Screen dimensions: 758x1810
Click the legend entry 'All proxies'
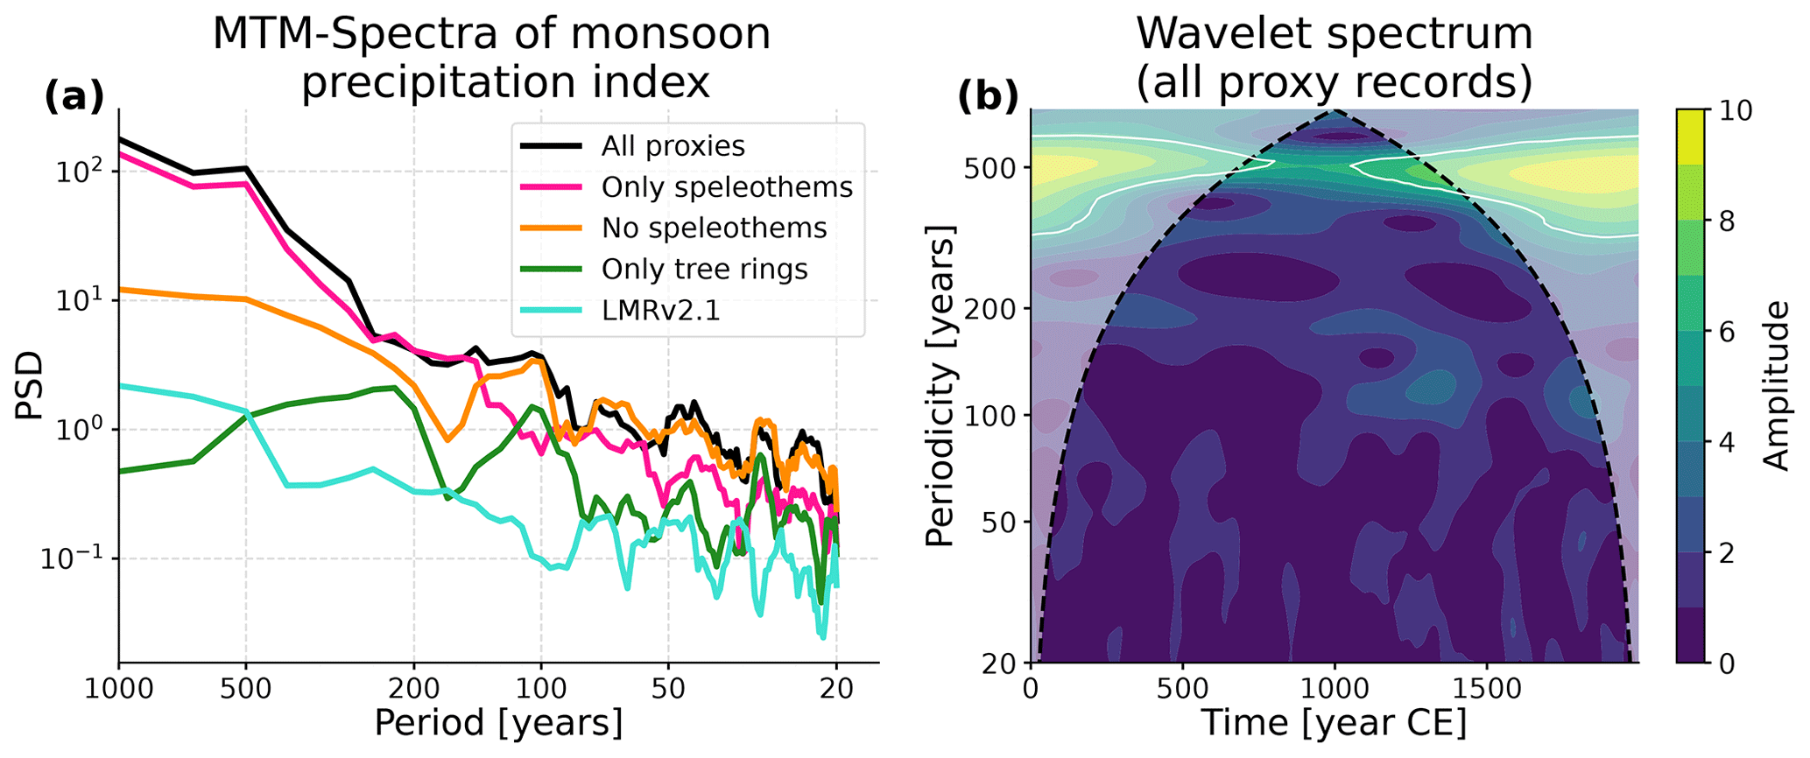[673, 146]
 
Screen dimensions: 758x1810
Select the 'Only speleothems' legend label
[727, 187]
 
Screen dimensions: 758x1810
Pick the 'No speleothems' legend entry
[714, 228]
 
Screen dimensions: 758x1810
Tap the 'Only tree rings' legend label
[704, 270]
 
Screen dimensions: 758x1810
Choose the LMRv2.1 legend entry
[660, 311]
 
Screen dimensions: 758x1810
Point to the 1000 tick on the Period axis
[119, 689]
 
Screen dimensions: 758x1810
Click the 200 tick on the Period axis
[414, 689]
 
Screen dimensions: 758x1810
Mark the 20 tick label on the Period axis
[836, 689]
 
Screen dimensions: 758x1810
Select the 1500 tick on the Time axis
[1486, 689]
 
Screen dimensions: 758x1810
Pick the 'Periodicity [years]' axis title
[940, 386]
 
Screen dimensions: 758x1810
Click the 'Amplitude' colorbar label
[1776, 386]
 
